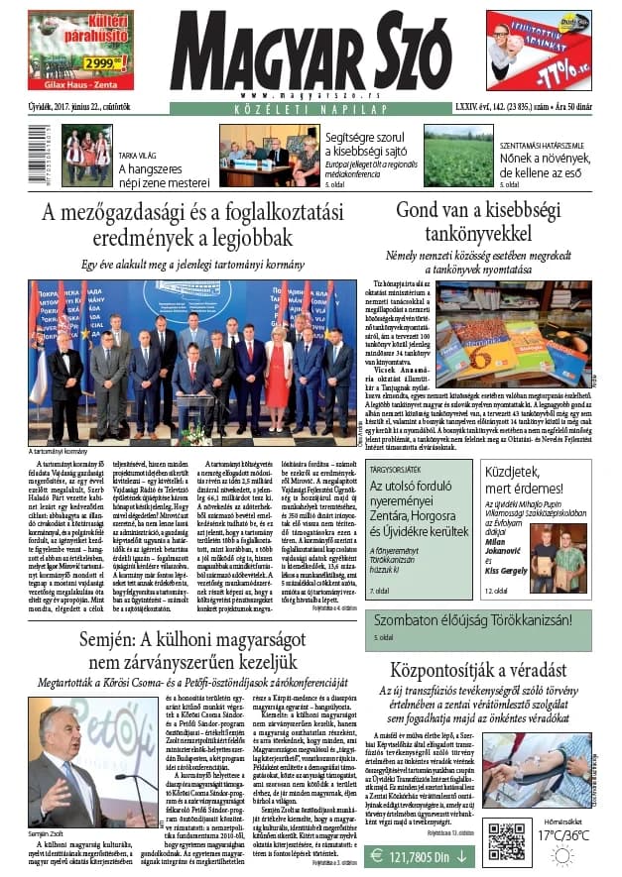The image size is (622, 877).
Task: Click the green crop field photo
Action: (x=457, y=163)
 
